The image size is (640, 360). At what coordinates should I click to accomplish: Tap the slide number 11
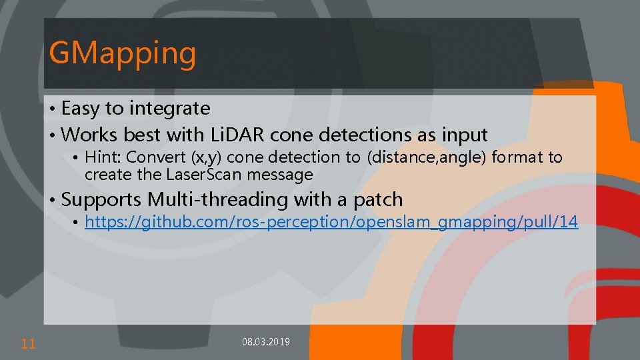tap(28, 344)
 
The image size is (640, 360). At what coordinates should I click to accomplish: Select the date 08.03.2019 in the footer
tap(265, 342)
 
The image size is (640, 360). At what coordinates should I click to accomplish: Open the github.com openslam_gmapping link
tap(331, 222)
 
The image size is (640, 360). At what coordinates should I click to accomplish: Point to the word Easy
tap(82, 108)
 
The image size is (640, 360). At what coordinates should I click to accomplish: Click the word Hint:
tap(103, 157)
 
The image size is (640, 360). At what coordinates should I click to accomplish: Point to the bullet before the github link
tap(77, 223)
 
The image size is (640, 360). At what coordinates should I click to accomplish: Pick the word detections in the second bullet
tap(366, 135)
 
